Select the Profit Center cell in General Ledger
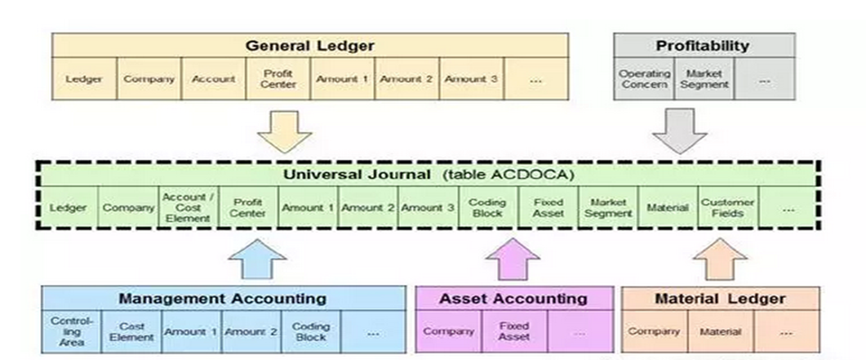coord(278,79)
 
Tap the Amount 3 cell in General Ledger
coord(471,79)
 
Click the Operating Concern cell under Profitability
coord(644,79)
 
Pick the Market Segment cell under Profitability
coord(704,79)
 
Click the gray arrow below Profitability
coord(677,130)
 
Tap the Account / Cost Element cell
coord(187,208)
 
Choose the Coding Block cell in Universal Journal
coord(487,208)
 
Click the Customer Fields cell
coord(727,208)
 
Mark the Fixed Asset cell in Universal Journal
coord(548,208)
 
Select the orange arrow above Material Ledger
coord(722,259)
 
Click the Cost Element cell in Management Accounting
coord(131,331)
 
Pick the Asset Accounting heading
coord(513,298)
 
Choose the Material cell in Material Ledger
coord(721,331)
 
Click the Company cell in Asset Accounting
coord(448,331)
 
